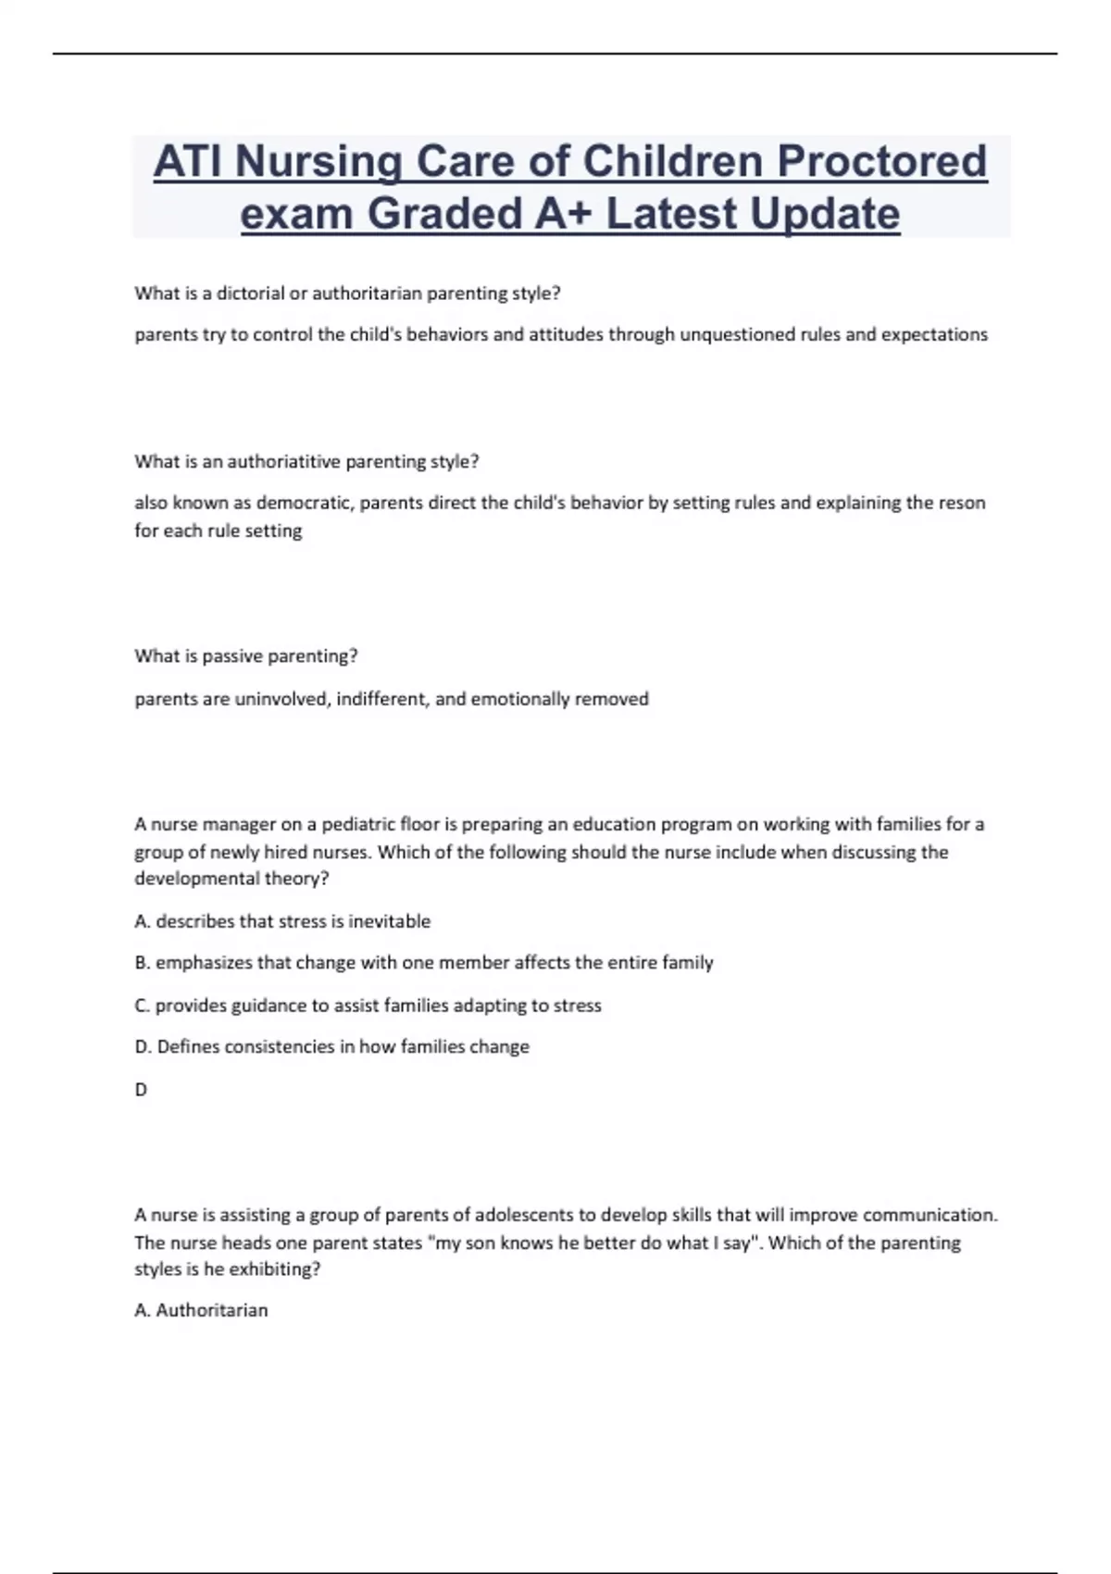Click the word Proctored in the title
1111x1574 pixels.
tap(881, 161)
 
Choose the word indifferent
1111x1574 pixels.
tap(382, 699)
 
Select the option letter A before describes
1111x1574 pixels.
tap(142, 921)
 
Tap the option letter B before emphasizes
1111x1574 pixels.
tap(142, 963)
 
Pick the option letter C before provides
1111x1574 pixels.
tap(142, 1006)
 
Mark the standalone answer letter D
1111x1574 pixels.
tap(141, 1090)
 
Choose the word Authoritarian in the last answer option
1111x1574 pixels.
tap(212, 1310)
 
